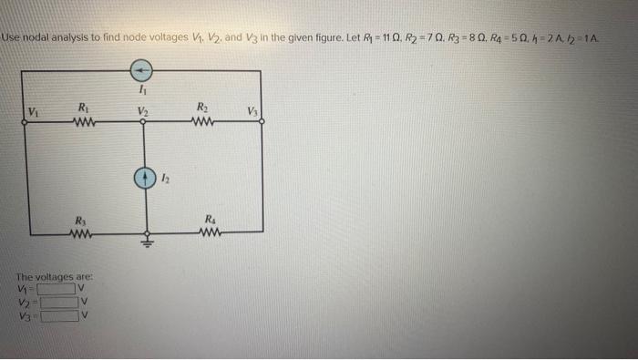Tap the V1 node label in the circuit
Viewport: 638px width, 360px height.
pos(34,113)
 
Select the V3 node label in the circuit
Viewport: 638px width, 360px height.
pos(252,113)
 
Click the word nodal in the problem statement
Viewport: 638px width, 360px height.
pos(36,38)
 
